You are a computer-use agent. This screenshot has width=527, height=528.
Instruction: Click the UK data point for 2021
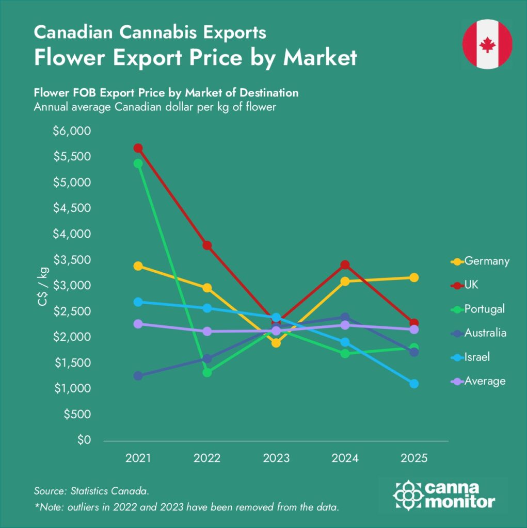pos(138,148)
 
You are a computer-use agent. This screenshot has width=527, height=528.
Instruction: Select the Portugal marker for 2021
pos(138,163)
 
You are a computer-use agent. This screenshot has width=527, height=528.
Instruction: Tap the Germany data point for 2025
pos(413,278)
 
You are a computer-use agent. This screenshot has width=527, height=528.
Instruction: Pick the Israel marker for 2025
pos(413,384)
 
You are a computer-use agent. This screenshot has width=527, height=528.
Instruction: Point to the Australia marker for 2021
pos(138,376)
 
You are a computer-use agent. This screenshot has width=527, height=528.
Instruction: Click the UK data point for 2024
pos(345,265)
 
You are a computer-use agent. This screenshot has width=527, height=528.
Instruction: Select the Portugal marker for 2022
pos(207,372)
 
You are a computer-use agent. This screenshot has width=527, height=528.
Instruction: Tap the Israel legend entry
pos(476,357)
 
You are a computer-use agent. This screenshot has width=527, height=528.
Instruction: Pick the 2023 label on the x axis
pos(276,458)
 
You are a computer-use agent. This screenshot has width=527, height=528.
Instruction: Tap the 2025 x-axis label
pos(413,458)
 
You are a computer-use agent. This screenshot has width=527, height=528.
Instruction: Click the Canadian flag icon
pos(487,44)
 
